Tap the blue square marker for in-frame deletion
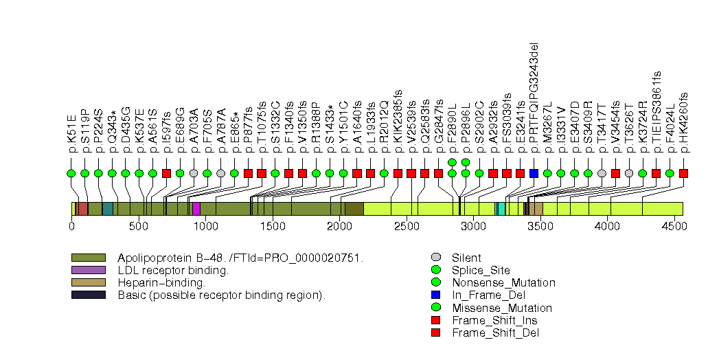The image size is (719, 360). point(534,173)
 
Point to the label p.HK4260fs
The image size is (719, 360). point(684,118)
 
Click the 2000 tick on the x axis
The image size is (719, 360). point(339,226)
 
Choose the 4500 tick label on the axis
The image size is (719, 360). point(674,226)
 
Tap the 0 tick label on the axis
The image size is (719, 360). point(71,226)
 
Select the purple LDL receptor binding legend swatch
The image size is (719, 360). point(88,270)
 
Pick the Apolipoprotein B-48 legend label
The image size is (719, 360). point(240,258)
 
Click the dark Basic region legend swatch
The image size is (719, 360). point(88,295)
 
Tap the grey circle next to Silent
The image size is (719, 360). point(435,258)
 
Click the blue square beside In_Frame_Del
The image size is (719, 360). point(435,295)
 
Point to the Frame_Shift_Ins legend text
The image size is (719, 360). point(494,320)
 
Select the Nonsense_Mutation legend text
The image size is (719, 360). point(503,282)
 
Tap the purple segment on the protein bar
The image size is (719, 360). point(196,209)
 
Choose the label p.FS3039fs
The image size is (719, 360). point(507,117)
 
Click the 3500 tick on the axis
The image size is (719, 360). point(540,226)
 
